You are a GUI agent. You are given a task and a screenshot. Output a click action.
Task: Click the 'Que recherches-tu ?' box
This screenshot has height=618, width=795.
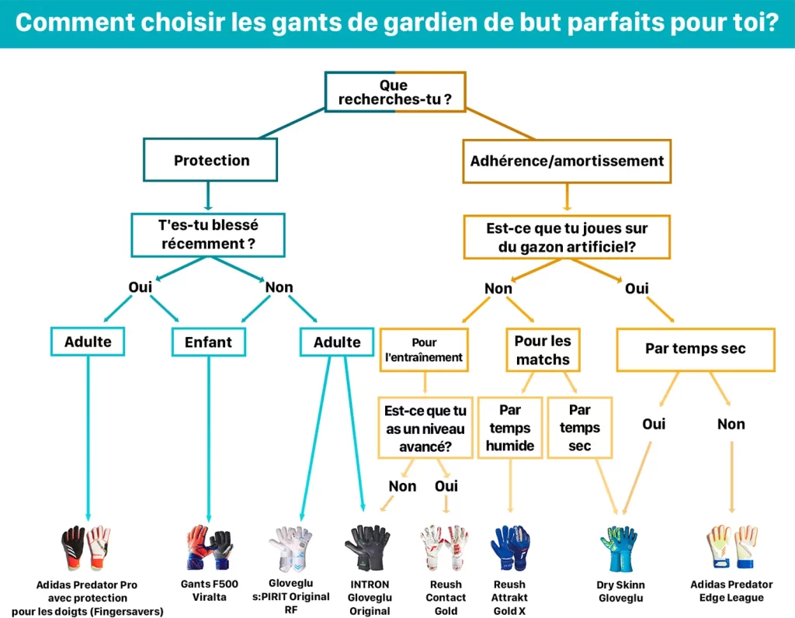coord(394,92)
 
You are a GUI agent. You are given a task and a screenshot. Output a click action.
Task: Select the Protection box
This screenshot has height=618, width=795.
coord(210,160)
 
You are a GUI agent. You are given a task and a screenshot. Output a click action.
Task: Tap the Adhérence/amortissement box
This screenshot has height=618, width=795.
coord(567,161)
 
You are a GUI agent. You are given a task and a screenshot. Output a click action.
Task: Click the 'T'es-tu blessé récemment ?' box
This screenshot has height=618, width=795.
coord(207,234)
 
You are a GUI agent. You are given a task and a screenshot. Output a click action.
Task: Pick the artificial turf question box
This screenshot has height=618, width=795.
coord(567,238)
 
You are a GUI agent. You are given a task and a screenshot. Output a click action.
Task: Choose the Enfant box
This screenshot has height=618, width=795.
coord(208,342)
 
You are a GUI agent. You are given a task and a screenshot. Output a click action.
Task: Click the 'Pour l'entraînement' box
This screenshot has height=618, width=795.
coord(424,350)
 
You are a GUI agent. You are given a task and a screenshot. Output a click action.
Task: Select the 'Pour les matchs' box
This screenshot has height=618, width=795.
coord(543,350)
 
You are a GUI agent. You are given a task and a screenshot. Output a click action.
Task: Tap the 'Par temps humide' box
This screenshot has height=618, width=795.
coord(510,428)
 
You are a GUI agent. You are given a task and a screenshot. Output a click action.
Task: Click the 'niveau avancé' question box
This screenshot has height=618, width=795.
coord(425,429)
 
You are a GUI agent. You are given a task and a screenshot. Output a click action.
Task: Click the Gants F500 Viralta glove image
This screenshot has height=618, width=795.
coord(209,548)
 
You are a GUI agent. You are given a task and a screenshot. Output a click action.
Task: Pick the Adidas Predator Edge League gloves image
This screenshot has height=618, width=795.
coord(731,548)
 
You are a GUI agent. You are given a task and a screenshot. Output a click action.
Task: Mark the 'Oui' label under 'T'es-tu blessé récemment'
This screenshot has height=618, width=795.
coord(140,287)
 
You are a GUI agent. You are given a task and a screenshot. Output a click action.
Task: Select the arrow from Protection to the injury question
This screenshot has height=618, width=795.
coord(207,196)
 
